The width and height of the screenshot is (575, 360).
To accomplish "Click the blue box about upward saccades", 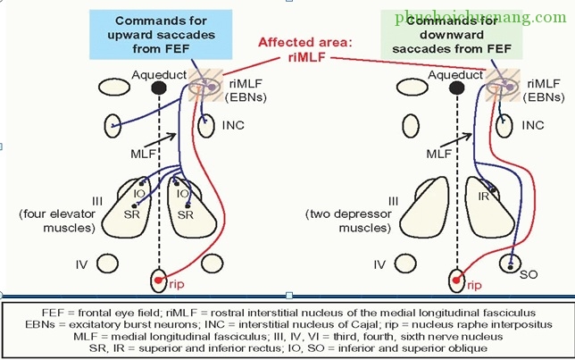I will pos(147,34).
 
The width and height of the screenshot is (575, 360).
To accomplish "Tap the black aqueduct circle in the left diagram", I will pos(159,88).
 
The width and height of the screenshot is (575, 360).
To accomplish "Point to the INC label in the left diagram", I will pos(233,126).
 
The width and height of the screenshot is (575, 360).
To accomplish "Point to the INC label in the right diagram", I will pos(532,126).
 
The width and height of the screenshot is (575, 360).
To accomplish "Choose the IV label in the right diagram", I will pos(379,264).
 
